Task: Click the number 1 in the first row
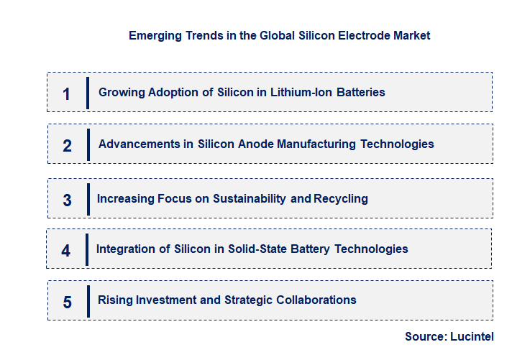coord(66,94)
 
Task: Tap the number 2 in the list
coord(67,146)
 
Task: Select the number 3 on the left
coord(67,200)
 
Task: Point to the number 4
coord(66,251)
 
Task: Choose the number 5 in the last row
coord(67,303)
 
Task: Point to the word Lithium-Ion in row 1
coord(312,92)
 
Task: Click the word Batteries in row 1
coord(365,92)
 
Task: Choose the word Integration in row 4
coord(125,249)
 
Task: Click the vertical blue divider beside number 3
coord(87,198)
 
